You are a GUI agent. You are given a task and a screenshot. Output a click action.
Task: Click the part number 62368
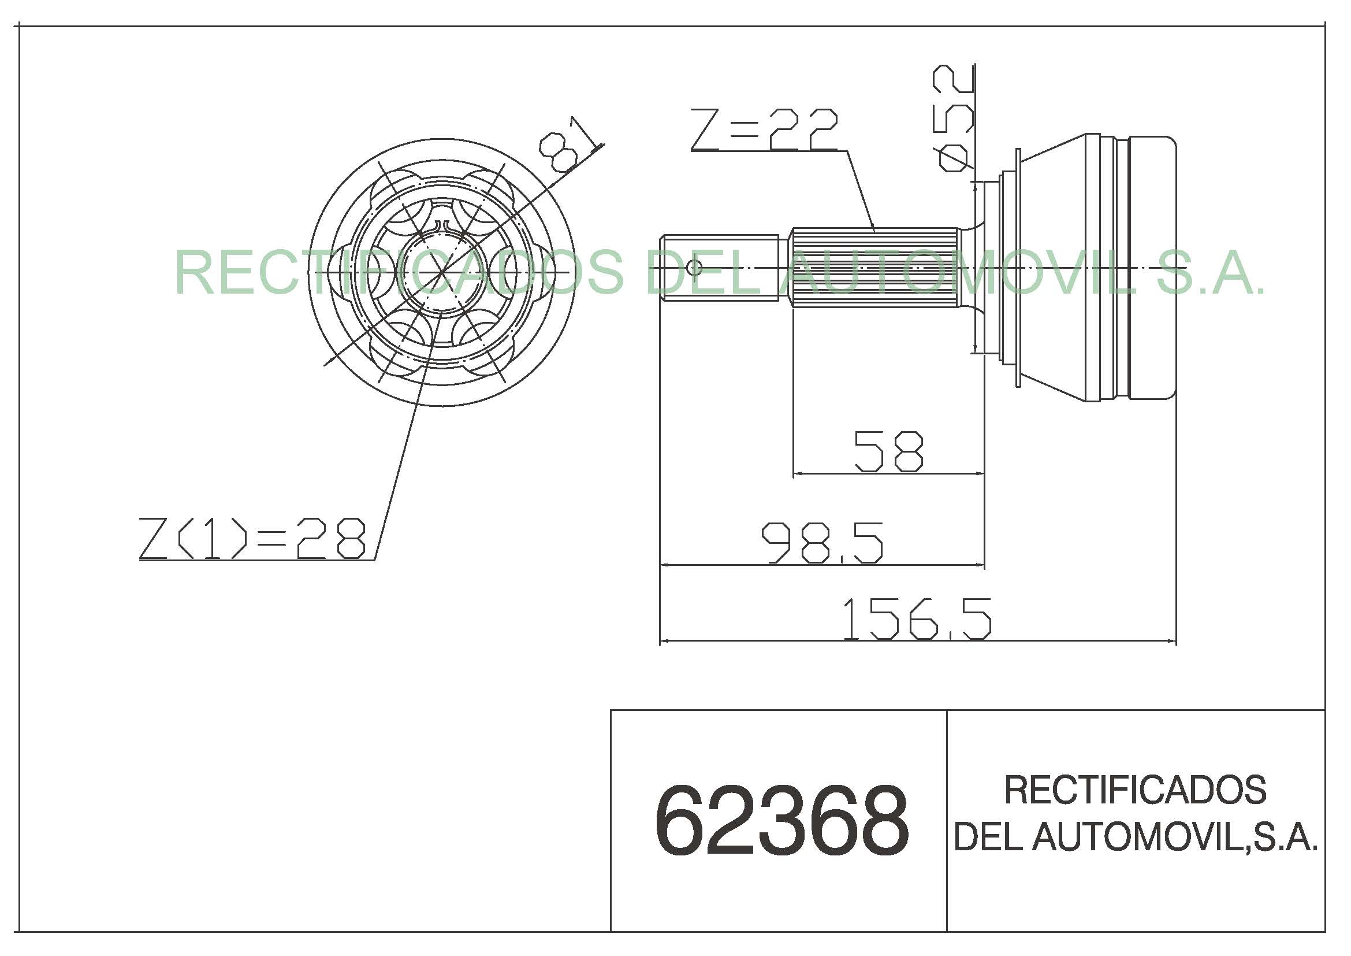pos(781,821)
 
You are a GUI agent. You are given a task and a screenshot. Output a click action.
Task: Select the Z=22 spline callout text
pos(764,130)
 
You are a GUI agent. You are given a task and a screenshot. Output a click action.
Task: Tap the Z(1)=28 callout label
pos(252,538)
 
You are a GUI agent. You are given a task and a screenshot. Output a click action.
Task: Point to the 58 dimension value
pos(888,451)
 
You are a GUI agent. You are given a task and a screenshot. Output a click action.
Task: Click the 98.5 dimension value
pos(822,543)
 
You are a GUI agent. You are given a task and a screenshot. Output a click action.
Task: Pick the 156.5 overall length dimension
pos(917,619)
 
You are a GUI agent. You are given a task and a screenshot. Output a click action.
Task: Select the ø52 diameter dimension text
pos(952,118)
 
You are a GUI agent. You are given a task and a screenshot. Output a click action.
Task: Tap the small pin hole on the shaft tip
pos(694,268)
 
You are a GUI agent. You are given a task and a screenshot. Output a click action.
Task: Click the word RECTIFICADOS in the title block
pos(1135,790)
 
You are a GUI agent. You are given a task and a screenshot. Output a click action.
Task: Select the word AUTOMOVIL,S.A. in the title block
pos(1175,836)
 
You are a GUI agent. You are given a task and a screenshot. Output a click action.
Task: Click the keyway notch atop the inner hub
pos(442,225)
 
